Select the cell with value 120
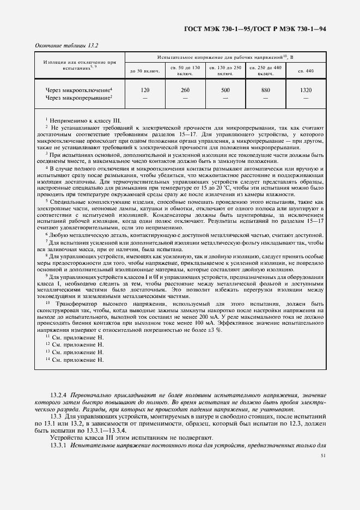145,89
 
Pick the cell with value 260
185,89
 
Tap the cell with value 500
225,89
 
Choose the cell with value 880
265,89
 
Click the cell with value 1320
306,89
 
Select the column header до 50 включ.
145,71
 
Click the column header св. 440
306,71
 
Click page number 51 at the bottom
323,454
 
